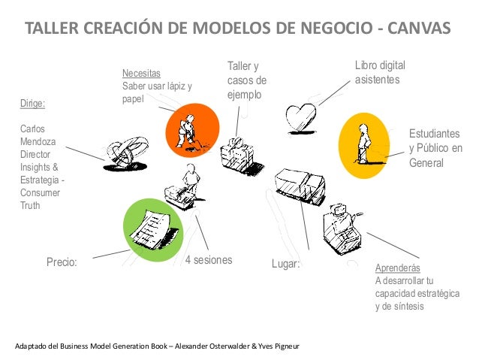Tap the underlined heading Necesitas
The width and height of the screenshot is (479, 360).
(x=141, y=74)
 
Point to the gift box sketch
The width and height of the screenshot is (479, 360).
(x=238, y=153)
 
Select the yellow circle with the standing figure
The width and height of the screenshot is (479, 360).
(x=366, y=146)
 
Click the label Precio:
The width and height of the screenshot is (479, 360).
(x=63, y=263)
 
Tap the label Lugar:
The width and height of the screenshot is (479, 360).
(x=285, y=265)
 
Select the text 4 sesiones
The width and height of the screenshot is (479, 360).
(x=209, y=260)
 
